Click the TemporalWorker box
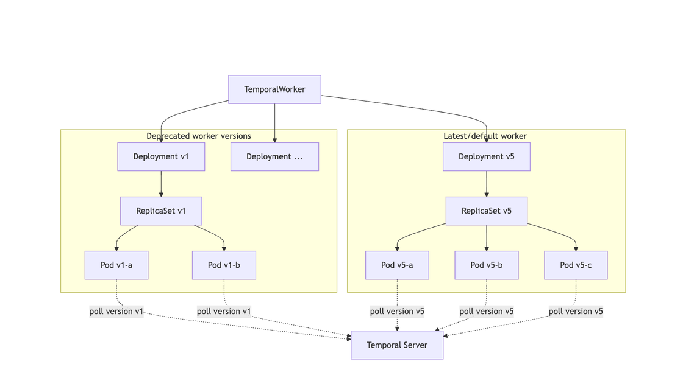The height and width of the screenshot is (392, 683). point(274,89)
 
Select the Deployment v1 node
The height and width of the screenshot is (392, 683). point(161,156)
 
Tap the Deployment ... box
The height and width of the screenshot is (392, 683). point(274,156)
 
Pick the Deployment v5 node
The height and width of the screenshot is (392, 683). point(486,156)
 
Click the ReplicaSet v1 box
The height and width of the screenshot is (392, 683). point(161,211)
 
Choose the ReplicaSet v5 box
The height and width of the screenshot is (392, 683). point(486,211)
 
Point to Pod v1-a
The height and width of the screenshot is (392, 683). point(116,265)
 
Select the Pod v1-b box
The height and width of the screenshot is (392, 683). point(224,265)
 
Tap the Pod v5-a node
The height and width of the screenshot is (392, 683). point(397,265)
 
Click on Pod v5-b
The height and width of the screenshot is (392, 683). point(486,265)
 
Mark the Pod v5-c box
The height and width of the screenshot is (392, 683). point(576,265)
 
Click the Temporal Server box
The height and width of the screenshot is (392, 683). point(397,345)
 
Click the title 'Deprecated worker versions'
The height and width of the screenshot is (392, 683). point(199,136)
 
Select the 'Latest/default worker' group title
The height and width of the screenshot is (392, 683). point(485,136)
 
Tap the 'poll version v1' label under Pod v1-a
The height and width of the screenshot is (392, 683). point(116,311)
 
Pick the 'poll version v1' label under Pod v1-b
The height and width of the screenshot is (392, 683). point(224,311)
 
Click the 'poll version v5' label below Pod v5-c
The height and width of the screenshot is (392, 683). point(576,311)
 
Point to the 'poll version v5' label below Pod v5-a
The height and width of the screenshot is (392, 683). point(397,311)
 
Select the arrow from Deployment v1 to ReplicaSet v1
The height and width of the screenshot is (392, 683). point(161,184)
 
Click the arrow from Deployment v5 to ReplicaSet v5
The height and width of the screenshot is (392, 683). point(486,184)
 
